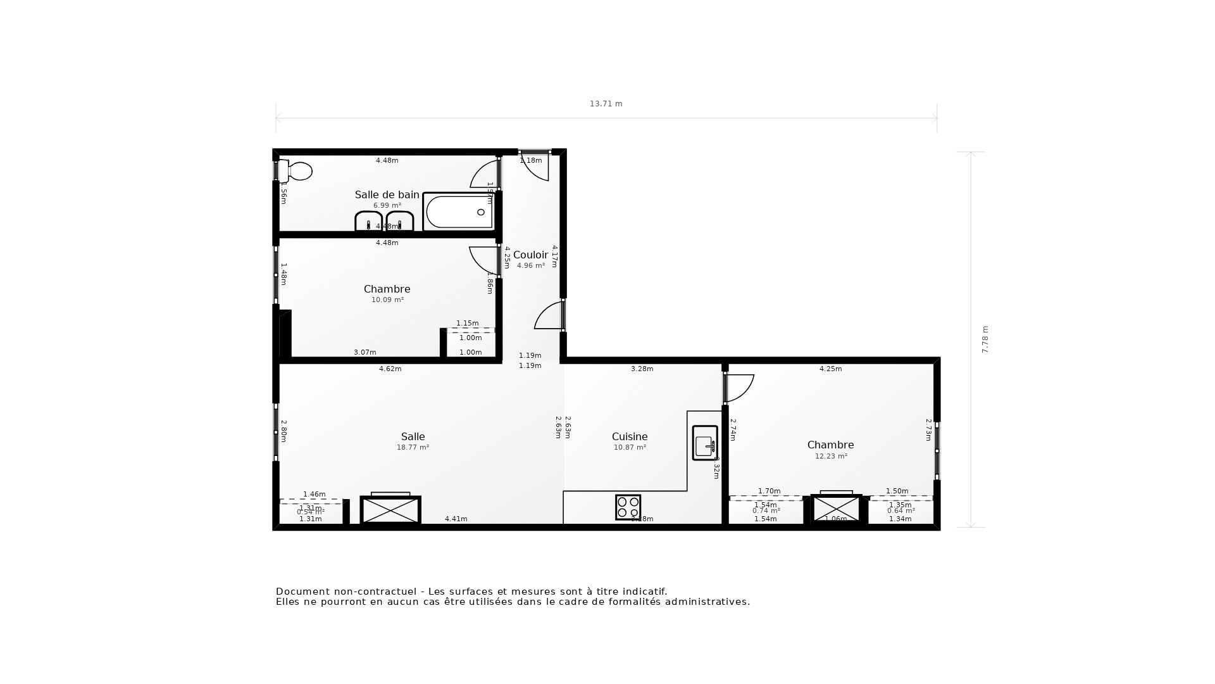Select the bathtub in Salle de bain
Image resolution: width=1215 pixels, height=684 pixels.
(459, 212)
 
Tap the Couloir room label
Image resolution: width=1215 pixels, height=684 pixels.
(530, 255)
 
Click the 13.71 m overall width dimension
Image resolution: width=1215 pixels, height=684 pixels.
(606, 104)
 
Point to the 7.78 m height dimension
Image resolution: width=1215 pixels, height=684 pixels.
(985, 339)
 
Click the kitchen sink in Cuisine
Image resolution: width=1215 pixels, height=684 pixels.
(704, 443)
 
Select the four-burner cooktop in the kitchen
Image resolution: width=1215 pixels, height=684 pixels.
(628, 507)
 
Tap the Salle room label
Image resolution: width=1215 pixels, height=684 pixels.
(413, 436)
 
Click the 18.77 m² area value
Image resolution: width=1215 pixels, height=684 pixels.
(413, 447)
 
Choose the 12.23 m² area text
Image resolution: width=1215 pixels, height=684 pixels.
(830, 456)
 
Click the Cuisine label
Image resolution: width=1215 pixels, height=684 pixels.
(629, 436)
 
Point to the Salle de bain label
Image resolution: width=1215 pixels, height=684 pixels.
(387, 194)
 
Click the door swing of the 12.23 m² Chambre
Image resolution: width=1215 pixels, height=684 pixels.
(739, 388)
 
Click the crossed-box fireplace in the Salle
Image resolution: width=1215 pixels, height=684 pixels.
(390, 510)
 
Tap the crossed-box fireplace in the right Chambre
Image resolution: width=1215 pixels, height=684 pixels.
(836, 509)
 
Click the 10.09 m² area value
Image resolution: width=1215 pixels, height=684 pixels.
(387, 300)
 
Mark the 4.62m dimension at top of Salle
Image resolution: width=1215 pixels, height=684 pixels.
(390, 369)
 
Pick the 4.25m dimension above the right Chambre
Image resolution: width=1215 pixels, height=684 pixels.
(830, 369)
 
